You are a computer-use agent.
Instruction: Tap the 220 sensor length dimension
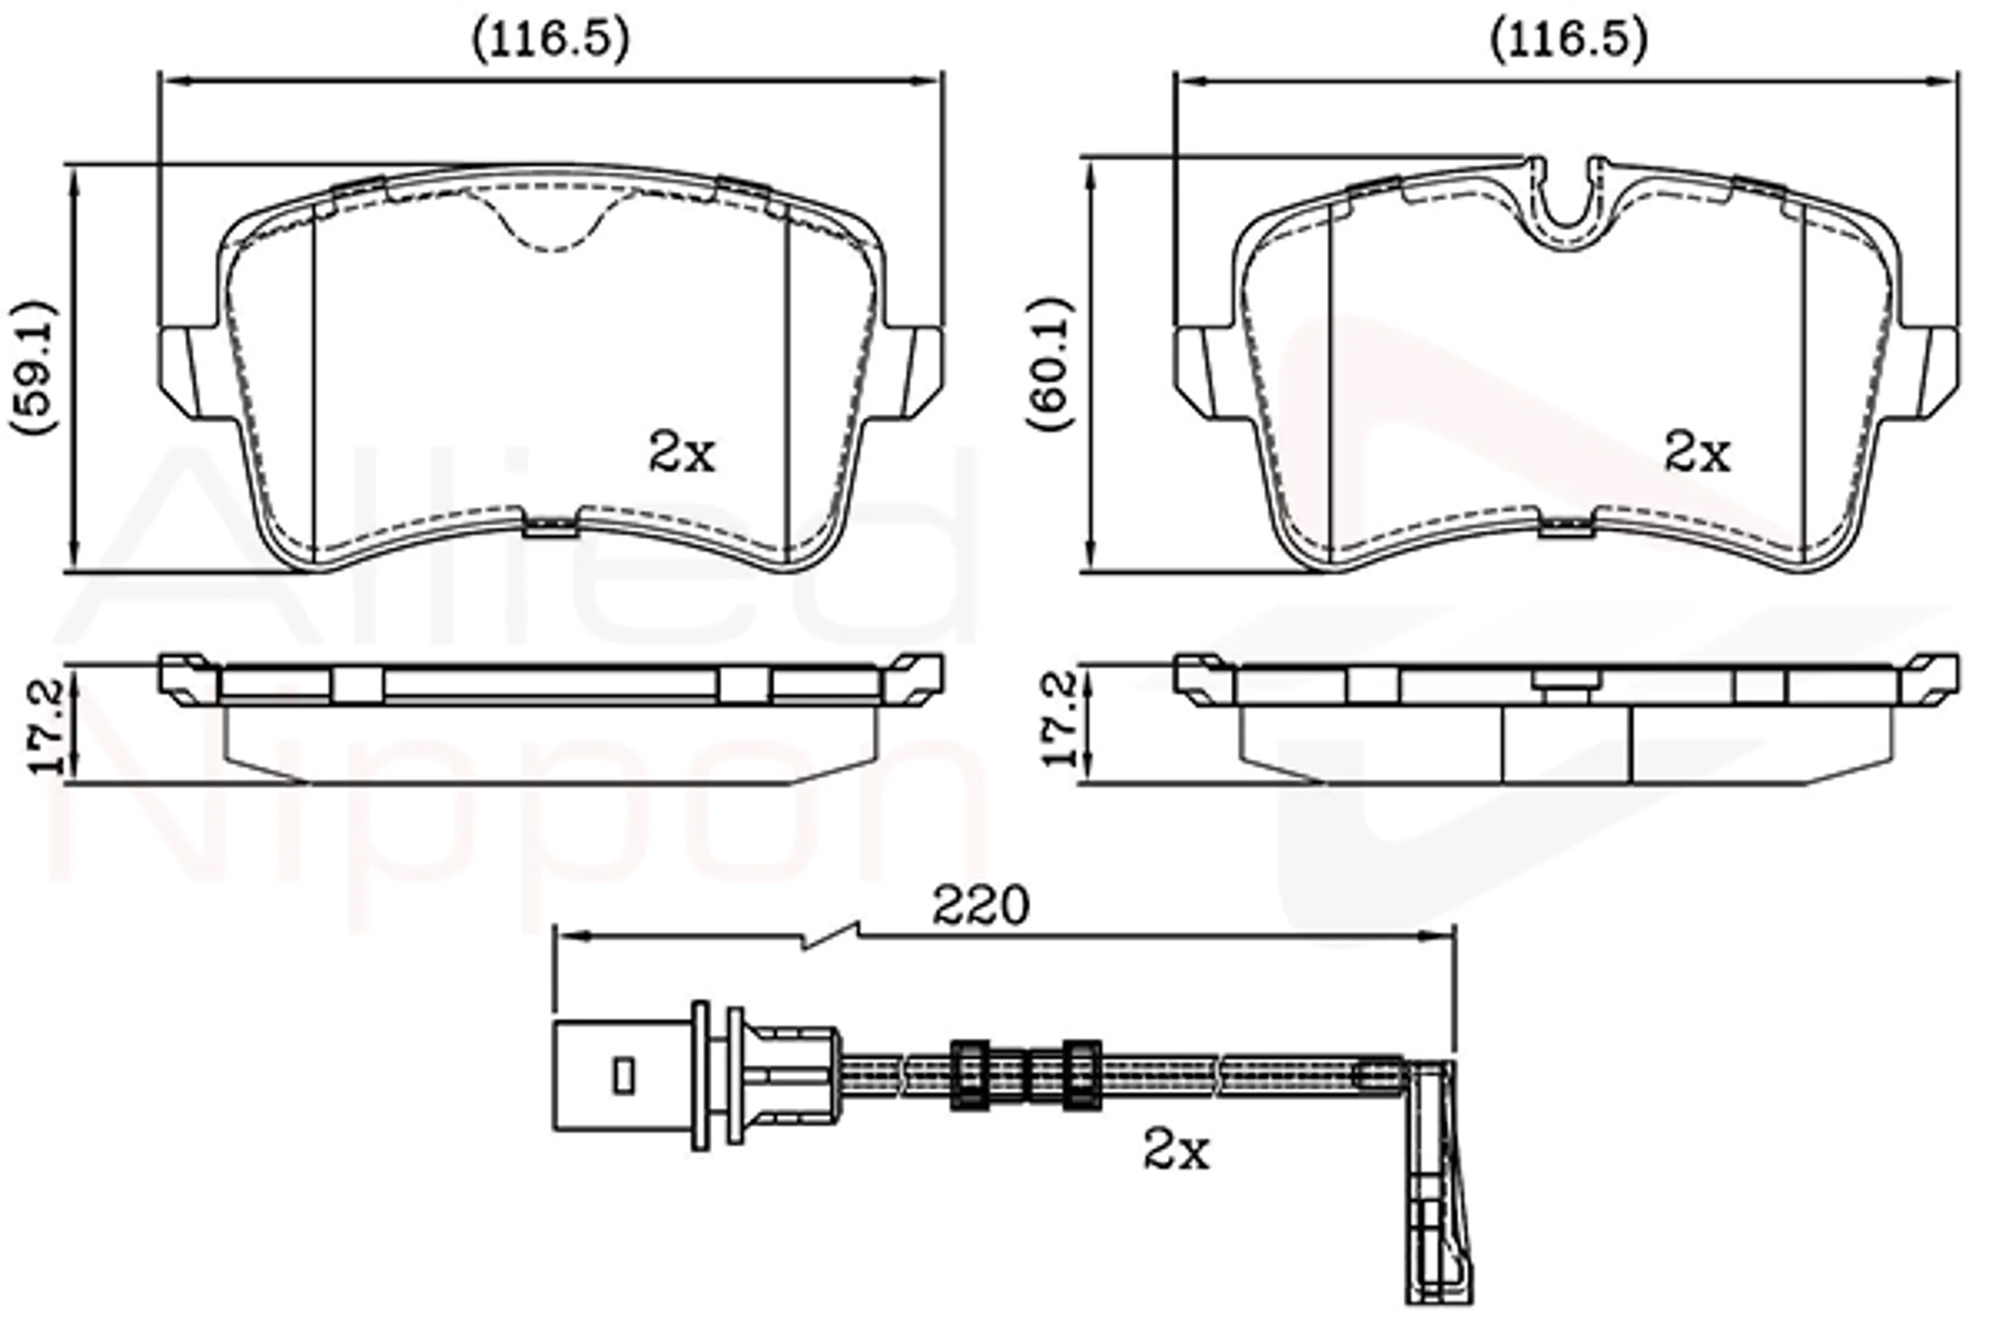pyautogui.click(x=981, y=905)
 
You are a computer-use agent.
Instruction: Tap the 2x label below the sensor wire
pyautogui.click(x=1177, y=1150)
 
